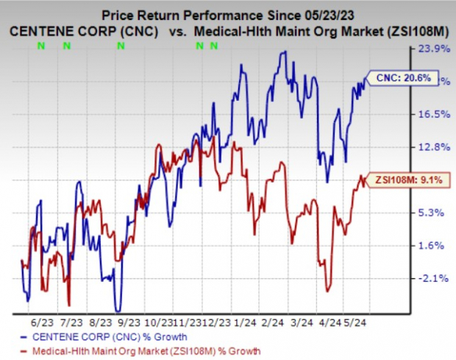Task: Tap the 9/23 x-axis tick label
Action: [x=129, y=322]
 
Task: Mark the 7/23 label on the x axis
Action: [x=72, y=322]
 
